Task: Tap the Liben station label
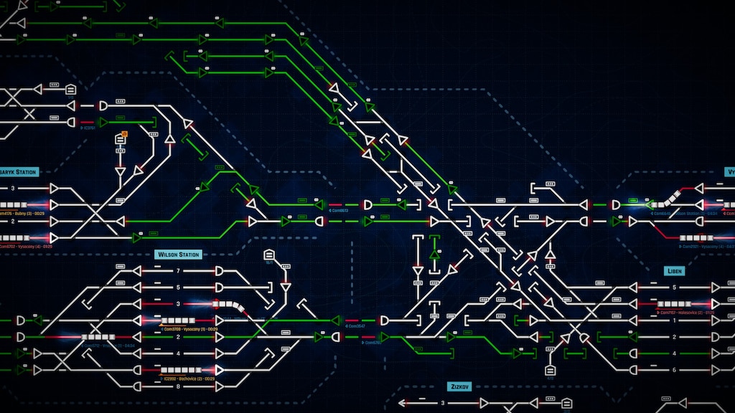pos(674,271)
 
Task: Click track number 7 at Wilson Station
pos(178,271)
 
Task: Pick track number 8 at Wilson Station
pos(178,386)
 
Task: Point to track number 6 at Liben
pos(674,369)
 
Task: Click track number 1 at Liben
pos(674,320)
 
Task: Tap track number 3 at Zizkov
pos(443,403)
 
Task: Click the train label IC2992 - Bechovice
pos(188,379)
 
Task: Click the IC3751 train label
pos(89,128)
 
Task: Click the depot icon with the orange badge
pos(121,139)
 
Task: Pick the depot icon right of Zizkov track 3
pos(566,403)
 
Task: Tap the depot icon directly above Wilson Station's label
pos(269,255)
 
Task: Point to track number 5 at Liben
pos(674,288)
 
